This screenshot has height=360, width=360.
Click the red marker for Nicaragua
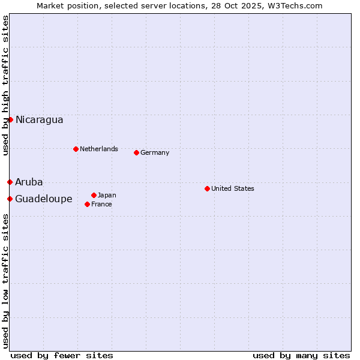pos(10,119)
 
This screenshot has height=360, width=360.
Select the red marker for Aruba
pos(10,182)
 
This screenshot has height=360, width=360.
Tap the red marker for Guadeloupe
pos(10,199)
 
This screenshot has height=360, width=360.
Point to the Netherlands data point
pos(76,149)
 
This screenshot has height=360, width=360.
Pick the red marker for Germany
pos(136,152)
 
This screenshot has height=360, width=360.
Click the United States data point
pos(207,188)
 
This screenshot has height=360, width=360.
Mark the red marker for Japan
pos(94,195)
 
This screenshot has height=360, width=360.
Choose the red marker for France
pos(87,204)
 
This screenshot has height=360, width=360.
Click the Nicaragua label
pos(39,119)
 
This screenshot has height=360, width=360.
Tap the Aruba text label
pos(29,182)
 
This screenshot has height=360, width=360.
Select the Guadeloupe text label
pos(43,199)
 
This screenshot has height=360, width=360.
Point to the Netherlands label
pos(98,149)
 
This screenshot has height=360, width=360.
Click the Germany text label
pos(155,152)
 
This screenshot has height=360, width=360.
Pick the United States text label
pos(232,188)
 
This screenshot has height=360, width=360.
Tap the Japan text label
pos(107,195)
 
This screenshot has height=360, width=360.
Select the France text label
pos(101,204)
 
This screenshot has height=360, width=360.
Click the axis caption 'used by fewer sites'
pos(62,355)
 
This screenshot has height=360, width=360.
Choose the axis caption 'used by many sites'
pos(301,355)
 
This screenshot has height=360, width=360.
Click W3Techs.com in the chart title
pos(295,5)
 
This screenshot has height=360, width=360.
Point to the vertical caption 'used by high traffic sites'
pos(5,85)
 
